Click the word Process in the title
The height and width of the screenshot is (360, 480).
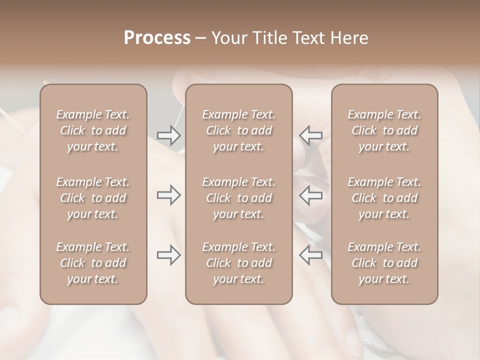(157, 38)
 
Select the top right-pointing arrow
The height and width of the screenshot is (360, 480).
(169, 135)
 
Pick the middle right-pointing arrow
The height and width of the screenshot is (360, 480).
(169, 195)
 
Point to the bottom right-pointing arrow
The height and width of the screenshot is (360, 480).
(169, 255)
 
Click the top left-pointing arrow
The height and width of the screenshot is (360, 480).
(310, 135)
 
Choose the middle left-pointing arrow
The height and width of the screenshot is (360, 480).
(310, 195)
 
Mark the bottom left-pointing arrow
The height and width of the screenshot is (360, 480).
(310, 255)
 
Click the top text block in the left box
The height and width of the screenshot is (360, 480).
(93, 130)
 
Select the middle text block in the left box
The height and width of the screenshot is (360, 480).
(93, 198)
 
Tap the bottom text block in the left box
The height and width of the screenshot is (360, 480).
(93, 263)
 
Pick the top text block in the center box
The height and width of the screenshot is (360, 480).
(238, 130)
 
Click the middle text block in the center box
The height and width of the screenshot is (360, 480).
(238, 198)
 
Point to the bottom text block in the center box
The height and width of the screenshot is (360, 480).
(238, 263)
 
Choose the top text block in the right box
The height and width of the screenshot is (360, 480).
(384, 130)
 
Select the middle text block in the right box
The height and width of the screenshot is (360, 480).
(384, 198)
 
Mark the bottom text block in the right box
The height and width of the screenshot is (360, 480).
(384, 263)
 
